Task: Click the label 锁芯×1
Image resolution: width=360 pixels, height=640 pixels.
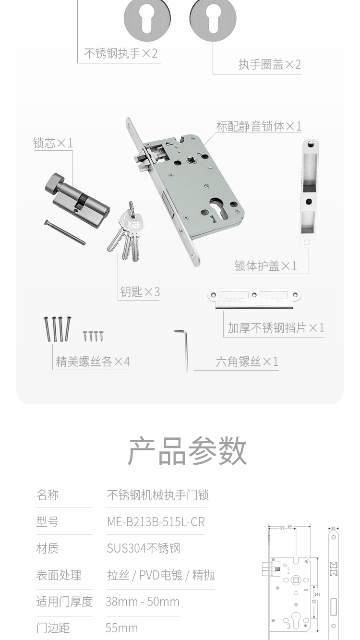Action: [x=53, y=143]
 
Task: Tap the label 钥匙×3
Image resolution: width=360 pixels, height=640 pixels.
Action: [x=140, y=292]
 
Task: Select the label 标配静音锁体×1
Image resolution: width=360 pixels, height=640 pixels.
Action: [x=259, y=126]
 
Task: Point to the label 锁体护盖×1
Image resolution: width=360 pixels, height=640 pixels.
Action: [x=266, y=266]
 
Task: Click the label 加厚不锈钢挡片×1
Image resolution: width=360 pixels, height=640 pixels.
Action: [x=276, y=328]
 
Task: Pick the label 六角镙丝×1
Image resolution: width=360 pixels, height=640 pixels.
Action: [x=247, y=362]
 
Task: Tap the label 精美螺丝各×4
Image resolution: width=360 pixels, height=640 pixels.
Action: [x=93, y=362]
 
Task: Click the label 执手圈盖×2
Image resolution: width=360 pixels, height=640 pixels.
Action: [x=270, y=64]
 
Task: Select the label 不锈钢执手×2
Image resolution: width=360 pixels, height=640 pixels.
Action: [x=121, y=53]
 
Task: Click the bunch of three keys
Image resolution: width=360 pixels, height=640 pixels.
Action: [x=126, y=231]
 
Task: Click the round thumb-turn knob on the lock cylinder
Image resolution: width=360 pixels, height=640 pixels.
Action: [x=52, y=182]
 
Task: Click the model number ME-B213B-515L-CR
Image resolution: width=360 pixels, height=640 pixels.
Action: [x=156, y=522]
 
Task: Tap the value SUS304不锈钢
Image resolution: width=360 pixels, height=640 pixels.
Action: [x=144, y=548]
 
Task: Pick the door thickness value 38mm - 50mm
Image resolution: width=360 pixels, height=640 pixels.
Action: [x=143, y=602]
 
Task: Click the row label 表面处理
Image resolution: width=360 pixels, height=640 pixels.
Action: [x=59, y=575]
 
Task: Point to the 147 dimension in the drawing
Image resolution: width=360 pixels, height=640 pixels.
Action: [x=317, y=594]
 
